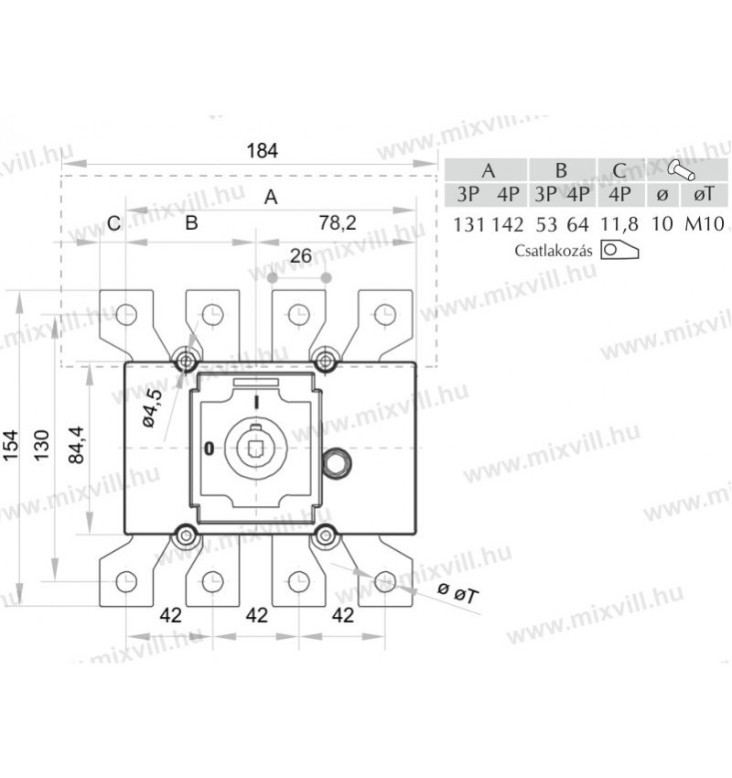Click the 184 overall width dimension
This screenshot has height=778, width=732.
click(263, 150)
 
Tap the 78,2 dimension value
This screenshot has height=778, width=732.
click(338, 223)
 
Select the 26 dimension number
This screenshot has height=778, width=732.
click(301, 256)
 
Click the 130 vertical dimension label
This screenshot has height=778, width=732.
click(41, 445)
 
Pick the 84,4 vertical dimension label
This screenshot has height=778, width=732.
click(76, 445)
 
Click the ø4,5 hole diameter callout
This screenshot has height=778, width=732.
click(152, 408)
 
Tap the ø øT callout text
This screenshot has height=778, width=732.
click(458, 592)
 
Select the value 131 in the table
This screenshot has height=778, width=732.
click(468, 225)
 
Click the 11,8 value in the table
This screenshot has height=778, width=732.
click(619, 224)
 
